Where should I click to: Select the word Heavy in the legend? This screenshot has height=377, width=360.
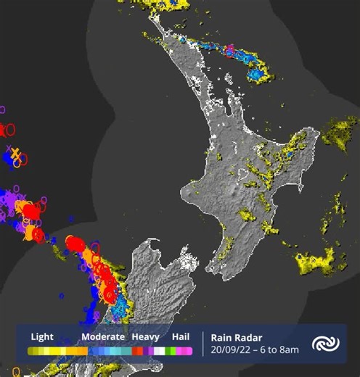click(x=144, y=336)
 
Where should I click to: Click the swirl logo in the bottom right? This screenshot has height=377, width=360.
click(x=323, y=344)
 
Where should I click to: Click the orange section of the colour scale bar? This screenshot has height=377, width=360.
click(x=78, y=351)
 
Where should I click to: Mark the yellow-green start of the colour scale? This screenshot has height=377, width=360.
click(x=33, y=351)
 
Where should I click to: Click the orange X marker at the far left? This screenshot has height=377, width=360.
click(x=15, y=154)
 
